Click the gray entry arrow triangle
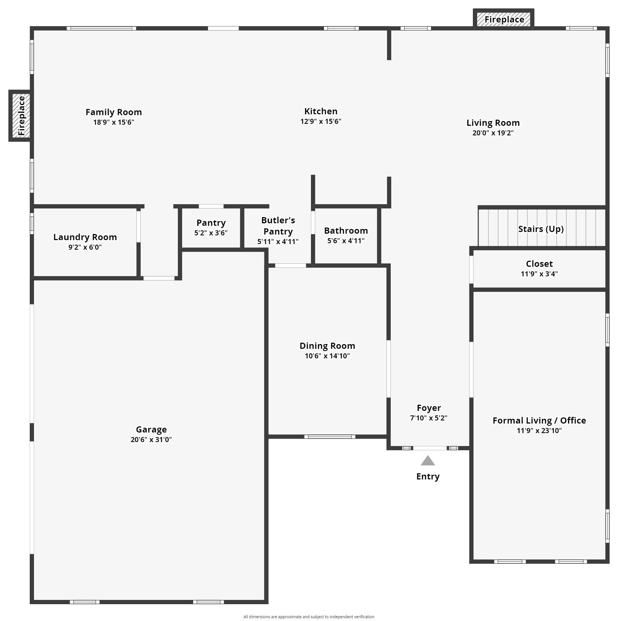coord(428,461)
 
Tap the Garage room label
coord(151,429)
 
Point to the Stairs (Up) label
coord(541,229)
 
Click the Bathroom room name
coord(346,231)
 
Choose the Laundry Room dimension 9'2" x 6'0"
coord(85,247)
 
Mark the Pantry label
coord(211,223)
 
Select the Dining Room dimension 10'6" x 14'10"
coord(327,356)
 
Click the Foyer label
coord(429,408)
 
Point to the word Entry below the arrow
coord(428,476)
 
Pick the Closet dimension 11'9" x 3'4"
coord(539,274)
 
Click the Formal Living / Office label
coord(539,420)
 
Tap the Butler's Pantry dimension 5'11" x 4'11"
coord(278,241)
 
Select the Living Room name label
coord(493,123)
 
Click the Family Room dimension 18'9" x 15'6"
coord(114,122)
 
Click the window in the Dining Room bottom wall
coord(330,436)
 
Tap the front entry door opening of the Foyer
coord(430,448)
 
